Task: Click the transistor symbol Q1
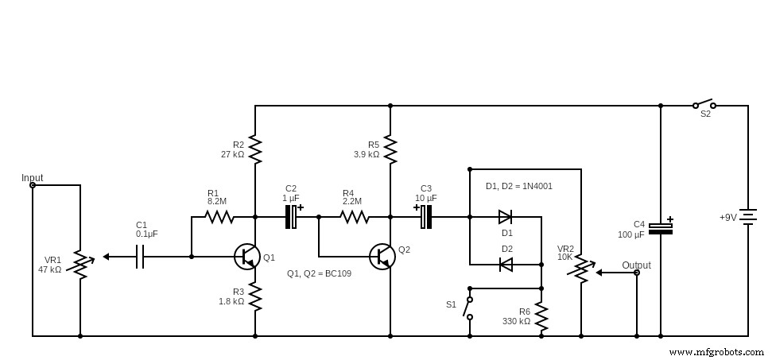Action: coord(247,256)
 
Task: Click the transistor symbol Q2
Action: coord(382,256)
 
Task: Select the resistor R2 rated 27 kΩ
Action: coord(255,149)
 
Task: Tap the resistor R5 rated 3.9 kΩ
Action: coord(390,149)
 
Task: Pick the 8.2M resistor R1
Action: coord(219,216)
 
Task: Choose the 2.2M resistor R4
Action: coord(354,216)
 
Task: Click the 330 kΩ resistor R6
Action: coord(541,316)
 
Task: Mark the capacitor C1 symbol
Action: coord(140,257)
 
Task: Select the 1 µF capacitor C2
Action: coord(292,216)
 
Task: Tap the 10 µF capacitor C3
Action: coord(426,216)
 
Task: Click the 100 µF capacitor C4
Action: coord(660,229)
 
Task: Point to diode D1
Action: coord(505,216)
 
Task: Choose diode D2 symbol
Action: coord(505,265)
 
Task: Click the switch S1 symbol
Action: coord(469,308)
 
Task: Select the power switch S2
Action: coord(704,104)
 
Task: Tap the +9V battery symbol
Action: coord(747,217)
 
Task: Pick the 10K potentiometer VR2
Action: coord(581,269)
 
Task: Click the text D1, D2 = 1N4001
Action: coord(518,186)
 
